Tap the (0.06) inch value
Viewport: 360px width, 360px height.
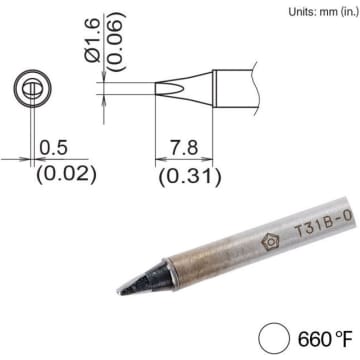[116, 43]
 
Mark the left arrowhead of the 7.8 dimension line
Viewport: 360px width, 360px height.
[157, 158]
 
